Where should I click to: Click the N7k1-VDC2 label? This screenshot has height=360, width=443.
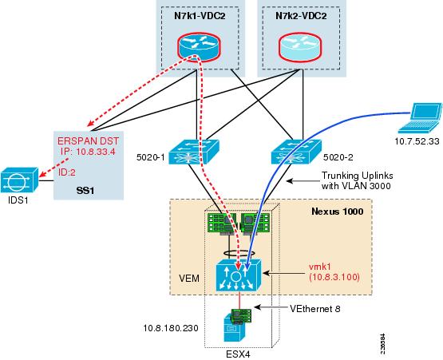pos(200,16)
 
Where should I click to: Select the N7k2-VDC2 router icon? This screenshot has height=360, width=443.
pos(301,45)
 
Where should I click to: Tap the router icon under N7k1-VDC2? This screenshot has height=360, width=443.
pos(200,45)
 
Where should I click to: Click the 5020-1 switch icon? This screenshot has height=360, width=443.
pos(194,152)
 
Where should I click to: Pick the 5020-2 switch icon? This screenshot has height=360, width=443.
pos(296,152)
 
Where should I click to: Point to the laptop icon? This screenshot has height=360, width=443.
pos(419,118)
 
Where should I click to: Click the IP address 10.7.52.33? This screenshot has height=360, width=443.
pos(417,141)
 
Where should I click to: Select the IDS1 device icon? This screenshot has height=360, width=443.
pos(19,180)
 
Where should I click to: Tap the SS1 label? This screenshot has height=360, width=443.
pos(85,191)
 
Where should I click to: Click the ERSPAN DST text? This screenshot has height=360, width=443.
pos(88,140)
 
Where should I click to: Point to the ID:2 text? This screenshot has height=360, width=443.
pos(67,172)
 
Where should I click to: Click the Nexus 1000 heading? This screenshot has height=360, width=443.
pos(338,212)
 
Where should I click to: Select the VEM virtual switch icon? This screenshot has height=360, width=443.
pos(239,276)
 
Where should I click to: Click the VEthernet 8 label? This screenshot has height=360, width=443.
pos(315,309)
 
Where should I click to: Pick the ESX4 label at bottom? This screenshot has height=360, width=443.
pos(238,354)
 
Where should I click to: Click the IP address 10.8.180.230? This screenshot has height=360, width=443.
pos(171,328)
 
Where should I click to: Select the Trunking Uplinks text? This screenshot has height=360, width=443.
pos(358,176)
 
